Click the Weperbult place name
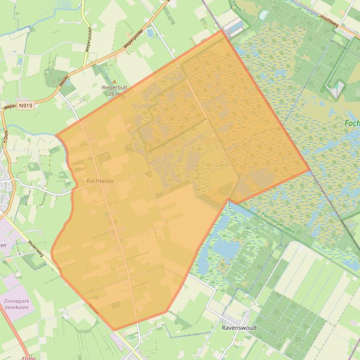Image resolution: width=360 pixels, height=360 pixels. pos(114,87)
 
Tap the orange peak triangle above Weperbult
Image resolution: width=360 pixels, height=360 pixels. pos(114,82)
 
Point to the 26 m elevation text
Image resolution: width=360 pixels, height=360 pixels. pos(114,94)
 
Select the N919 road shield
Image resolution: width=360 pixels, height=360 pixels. pos(26,106)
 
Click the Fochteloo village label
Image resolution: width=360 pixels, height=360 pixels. pos(100,180)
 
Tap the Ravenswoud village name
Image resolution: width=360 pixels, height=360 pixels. pos(239,328)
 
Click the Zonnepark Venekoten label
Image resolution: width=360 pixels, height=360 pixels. pos(16,304)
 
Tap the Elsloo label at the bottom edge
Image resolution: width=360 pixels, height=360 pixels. pos(29,358)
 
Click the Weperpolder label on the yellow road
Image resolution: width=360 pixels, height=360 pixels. pos(88,39)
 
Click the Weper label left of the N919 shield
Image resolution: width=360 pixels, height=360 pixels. pos(9,107)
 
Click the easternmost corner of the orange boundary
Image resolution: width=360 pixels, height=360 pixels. pos(309,170)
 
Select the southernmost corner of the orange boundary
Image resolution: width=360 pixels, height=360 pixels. pos(115,330)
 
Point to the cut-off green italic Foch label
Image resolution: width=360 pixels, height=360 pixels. pos(352,123)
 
